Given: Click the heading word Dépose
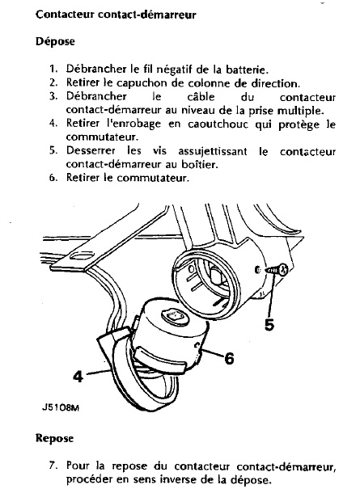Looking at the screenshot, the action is [x=55, y=41].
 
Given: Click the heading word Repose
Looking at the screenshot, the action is [x=55, y=438].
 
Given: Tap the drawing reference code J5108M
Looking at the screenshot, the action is [x=60, y=407].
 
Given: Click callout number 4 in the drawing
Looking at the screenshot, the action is [x=78, y=376].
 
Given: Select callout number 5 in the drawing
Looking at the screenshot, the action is [x=269, y=325].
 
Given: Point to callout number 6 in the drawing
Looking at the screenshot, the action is [x=230, y=358].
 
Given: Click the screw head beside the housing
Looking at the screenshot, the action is [x=283, y=269].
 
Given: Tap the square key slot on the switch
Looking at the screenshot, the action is [x=176, y=316].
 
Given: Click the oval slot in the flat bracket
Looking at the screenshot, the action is [x=83, y=256].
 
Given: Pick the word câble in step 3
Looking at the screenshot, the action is [x=201, y=96].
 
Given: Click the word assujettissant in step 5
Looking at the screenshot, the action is [x=212, y=152].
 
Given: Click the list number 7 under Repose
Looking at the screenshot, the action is [x=53, y=466].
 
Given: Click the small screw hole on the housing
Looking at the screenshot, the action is [x=257, y=270].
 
